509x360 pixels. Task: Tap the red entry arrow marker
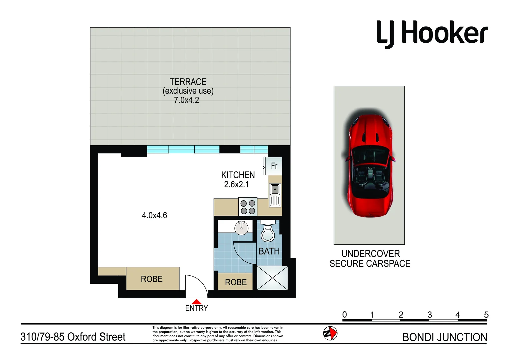tap(197, 301)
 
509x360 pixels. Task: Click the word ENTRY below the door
tap(196, 308)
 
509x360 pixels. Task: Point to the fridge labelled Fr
tap(273, 166)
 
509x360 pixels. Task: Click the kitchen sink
tap(275, 195)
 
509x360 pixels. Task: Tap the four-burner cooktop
tap(248, 207)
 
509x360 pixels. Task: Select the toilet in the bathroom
tap(268, 232)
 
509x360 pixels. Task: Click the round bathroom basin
tap(241, 228)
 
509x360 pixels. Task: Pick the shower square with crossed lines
tap(272, 278)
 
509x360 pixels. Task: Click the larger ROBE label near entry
tap(152, 279)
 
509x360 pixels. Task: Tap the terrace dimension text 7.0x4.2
tap(186, 100)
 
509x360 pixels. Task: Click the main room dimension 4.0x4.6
tap(154, 215)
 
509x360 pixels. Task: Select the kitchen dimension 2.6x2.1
tap(236, 184)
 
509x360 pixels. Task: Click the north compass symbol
tap(330, 333)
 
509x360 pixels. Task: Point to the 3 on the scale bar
tap(430, 314)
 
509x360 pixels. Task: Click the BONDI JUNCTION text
tap(445, 337)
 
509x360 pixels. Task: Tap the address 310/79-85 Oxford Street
tap(73, 337)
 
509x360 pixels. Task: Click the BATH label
tap(269, 251)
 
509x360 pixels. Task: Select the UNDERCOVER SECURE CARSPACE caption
tap(370, 259)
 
